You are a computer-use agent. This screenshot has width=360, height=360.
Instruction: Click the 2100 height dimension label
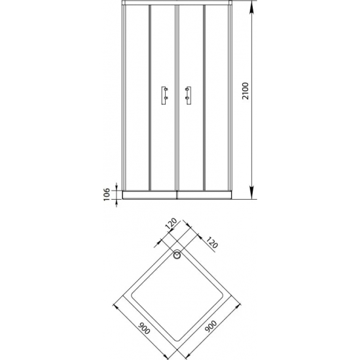click(x=245, y=91)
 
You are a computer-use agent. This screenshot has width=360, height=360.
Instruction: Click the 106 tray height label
click(x=107, y=194)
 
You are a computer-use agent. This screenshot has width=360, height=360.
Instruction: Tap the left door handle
click(x=164, y=96)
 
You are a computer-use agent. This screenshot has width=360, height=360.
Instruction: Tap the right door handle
click(x=189, y=96)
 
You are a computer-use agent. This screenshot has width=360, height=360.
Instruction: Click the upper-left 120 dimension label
click(x=171, y=224)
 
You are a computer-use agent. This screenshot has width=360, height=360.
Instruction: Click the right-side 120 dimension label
click(x=211, y=242)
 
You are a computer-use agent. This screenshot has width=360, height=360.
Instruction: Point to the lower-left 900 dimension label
click(x=144, y=328)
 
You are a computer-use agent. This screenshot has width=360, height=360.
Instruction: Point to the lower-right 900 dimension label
click(x=211, y=326)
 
